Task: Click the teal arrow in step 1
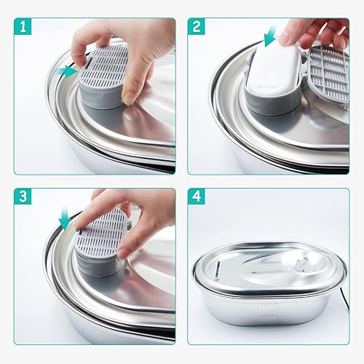click(x=68, y=71)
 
